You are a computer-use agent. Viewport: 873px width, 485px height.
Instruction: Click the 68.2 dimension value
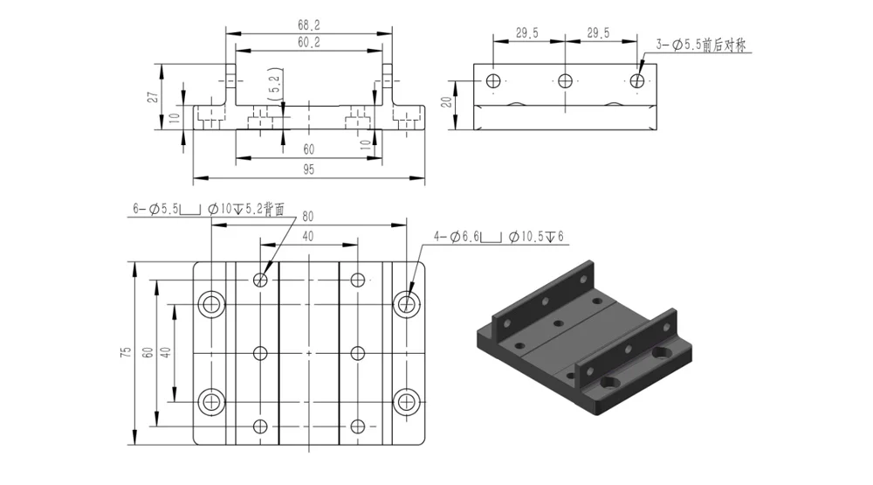pyautogui.click(x=308, y=25)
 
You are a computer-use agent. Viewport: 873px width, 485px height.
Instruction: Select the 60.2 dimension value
pyautogui.click(x=308, y=42)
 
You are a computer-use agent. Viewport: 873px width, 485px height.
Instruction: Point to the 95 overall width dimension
pyautogui.click(x=308, y=170)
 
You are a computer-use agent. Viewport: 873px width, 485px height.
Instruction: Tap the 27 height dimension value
pyautogui.click(x=152, y=96)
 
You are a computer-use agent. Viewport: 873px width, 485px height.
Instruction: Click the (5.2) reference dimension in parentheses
pyautogui.click(x=275, y=84)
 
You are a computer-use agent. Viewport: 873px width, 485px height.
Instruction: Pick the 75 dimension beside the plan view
pyautogui.click(x=126, y=352)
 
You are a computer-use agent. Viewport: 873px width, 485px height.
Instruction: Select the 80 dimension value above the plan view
pyautogui.click(x=308, y=217)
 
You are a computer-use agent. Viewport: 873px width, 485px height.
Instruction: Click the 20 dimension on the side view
pyautogui.click(x=446, y=101)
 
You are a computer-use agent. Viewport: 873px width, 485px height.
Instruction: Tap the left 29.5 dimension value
pyautogui.click(x=526, y=33)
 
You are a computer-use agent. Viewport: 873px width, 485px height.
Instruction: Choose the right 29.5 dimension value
pyautogui.click(x=598, y=33)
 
